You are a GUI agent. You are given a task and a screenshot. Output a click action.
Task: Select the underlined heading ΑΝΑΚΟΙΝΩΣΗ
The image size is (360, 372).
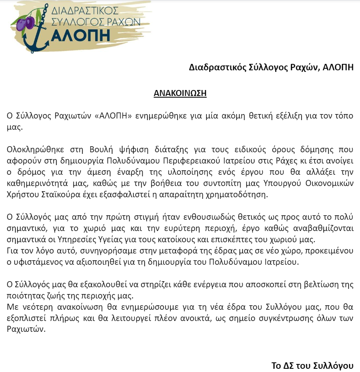[180, 94]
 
